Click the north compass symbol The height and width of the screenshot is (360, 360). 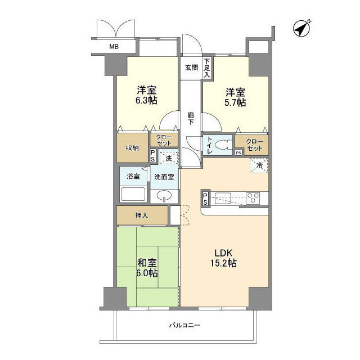coord(301,29)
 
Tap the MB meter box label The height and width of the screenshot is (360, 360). coord(114,47)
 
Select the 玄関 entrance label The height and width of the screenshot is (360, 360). coord(191,67)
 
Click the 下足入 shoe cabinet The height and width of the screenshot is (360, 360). coord(207,67)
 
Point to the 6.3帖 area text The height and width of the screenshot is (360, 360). coord(147,101)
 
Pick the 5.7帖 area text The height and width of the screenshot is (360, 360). coord(235,102)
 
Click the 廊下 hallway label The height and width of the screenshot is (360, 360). coord(191,119)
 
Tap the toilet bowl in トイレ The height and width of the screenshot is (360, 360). coord(222,145)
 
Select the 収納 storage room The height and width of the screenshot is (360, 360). coord(132,147)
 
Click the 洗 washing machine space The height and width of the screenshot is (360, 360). coord(169,157)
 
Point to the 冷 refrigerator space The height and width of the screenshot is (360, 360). coord(259,165)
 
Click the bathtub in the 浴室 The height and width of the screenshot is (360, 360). coord(133,194)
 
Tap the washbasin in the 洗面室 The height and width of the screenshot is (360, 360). coord(164,196)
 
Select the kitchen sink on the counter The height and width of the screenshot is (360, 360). coord(223,199)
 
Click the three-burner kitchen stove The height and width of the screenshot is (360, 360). coord(253,199)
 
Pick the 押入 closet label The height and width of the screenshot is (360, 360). coord(142,215)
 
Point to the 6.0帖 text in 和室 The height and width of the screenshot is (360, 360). coord(147,273)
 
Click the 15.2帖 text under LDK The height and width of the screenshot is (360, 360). coord(224,263)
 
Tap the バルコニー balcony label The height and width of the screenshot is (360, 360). coord(185,325)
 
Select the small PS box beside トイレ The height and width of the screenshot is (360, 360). coord(238,152)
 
